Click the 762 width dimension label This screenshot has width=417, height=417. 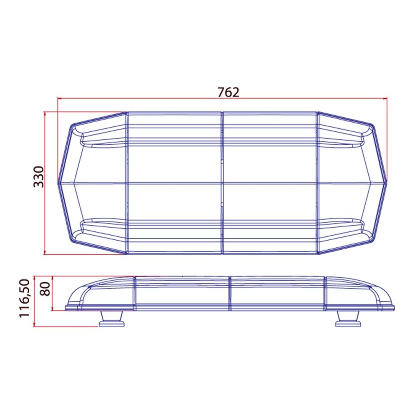[229, 92]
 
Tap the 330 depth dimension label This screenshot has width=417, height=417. [38, 176]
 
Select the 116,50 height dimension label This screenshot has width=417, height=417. [25, 298]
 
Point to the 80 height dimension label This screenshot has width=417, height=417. [45, 289]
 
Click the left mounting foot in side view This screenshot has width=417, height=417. [111, 319]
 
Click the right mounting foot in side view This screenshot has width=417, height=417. [348, 319]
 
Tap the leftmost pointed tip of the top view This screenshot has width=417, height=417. [58, 183]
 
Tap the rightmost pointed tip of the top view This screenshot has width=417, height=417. [387, 183]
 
